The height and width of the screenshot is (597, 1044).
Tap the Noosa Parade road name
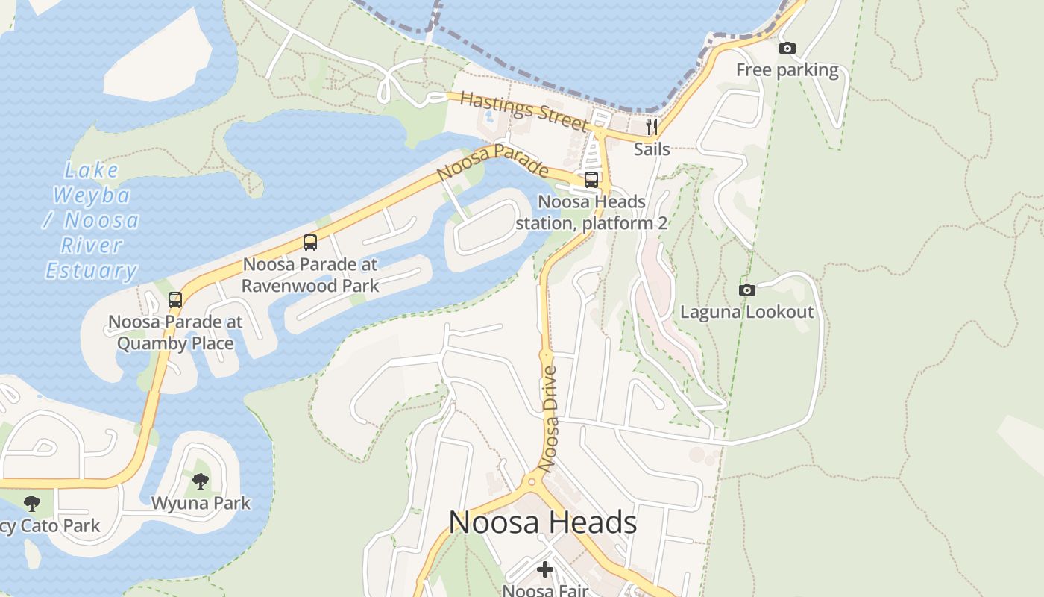(492, 162)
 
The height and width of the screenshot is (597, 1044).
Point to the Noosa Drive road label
(549, 419)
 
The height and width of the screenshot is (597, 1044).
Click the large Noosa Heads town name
(542, 522)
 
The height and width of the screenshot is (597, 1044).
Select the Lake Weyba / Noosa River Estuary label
(92, 221)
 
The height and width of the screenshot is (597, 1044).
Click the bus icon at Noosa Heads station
(591, 179)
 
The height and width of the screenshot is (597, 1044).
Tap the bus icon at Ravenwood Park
(310, 243)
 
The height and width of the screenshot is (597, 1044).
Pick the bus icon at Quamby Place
(175, 300)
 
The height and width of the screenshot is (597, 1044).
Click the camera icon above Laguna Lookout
(746, 290)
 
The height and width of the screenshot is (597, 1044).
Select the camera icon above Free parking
(787, 49)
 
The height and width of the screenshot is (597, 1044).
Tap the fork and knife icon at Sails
(652, 126)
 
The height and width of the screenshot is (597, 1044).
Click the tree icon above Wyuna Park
(201, 481)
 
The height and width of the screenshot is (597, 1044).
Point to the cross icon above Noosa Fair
(545, 569)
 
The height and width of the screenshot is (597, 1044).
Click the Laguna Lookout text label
(746, 312)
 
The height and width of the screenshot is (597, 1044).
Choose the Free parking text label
(787, 70)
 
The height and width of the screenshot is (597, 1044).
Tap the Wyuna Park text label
(201, 503)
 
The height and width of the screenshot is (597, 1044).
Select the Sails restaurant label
(652, 149)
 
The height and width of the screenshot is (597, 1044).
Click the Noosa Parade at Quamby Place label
(175, 333)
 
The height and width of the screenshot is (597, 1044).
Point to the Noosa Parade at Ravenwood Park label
(310, 275)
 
